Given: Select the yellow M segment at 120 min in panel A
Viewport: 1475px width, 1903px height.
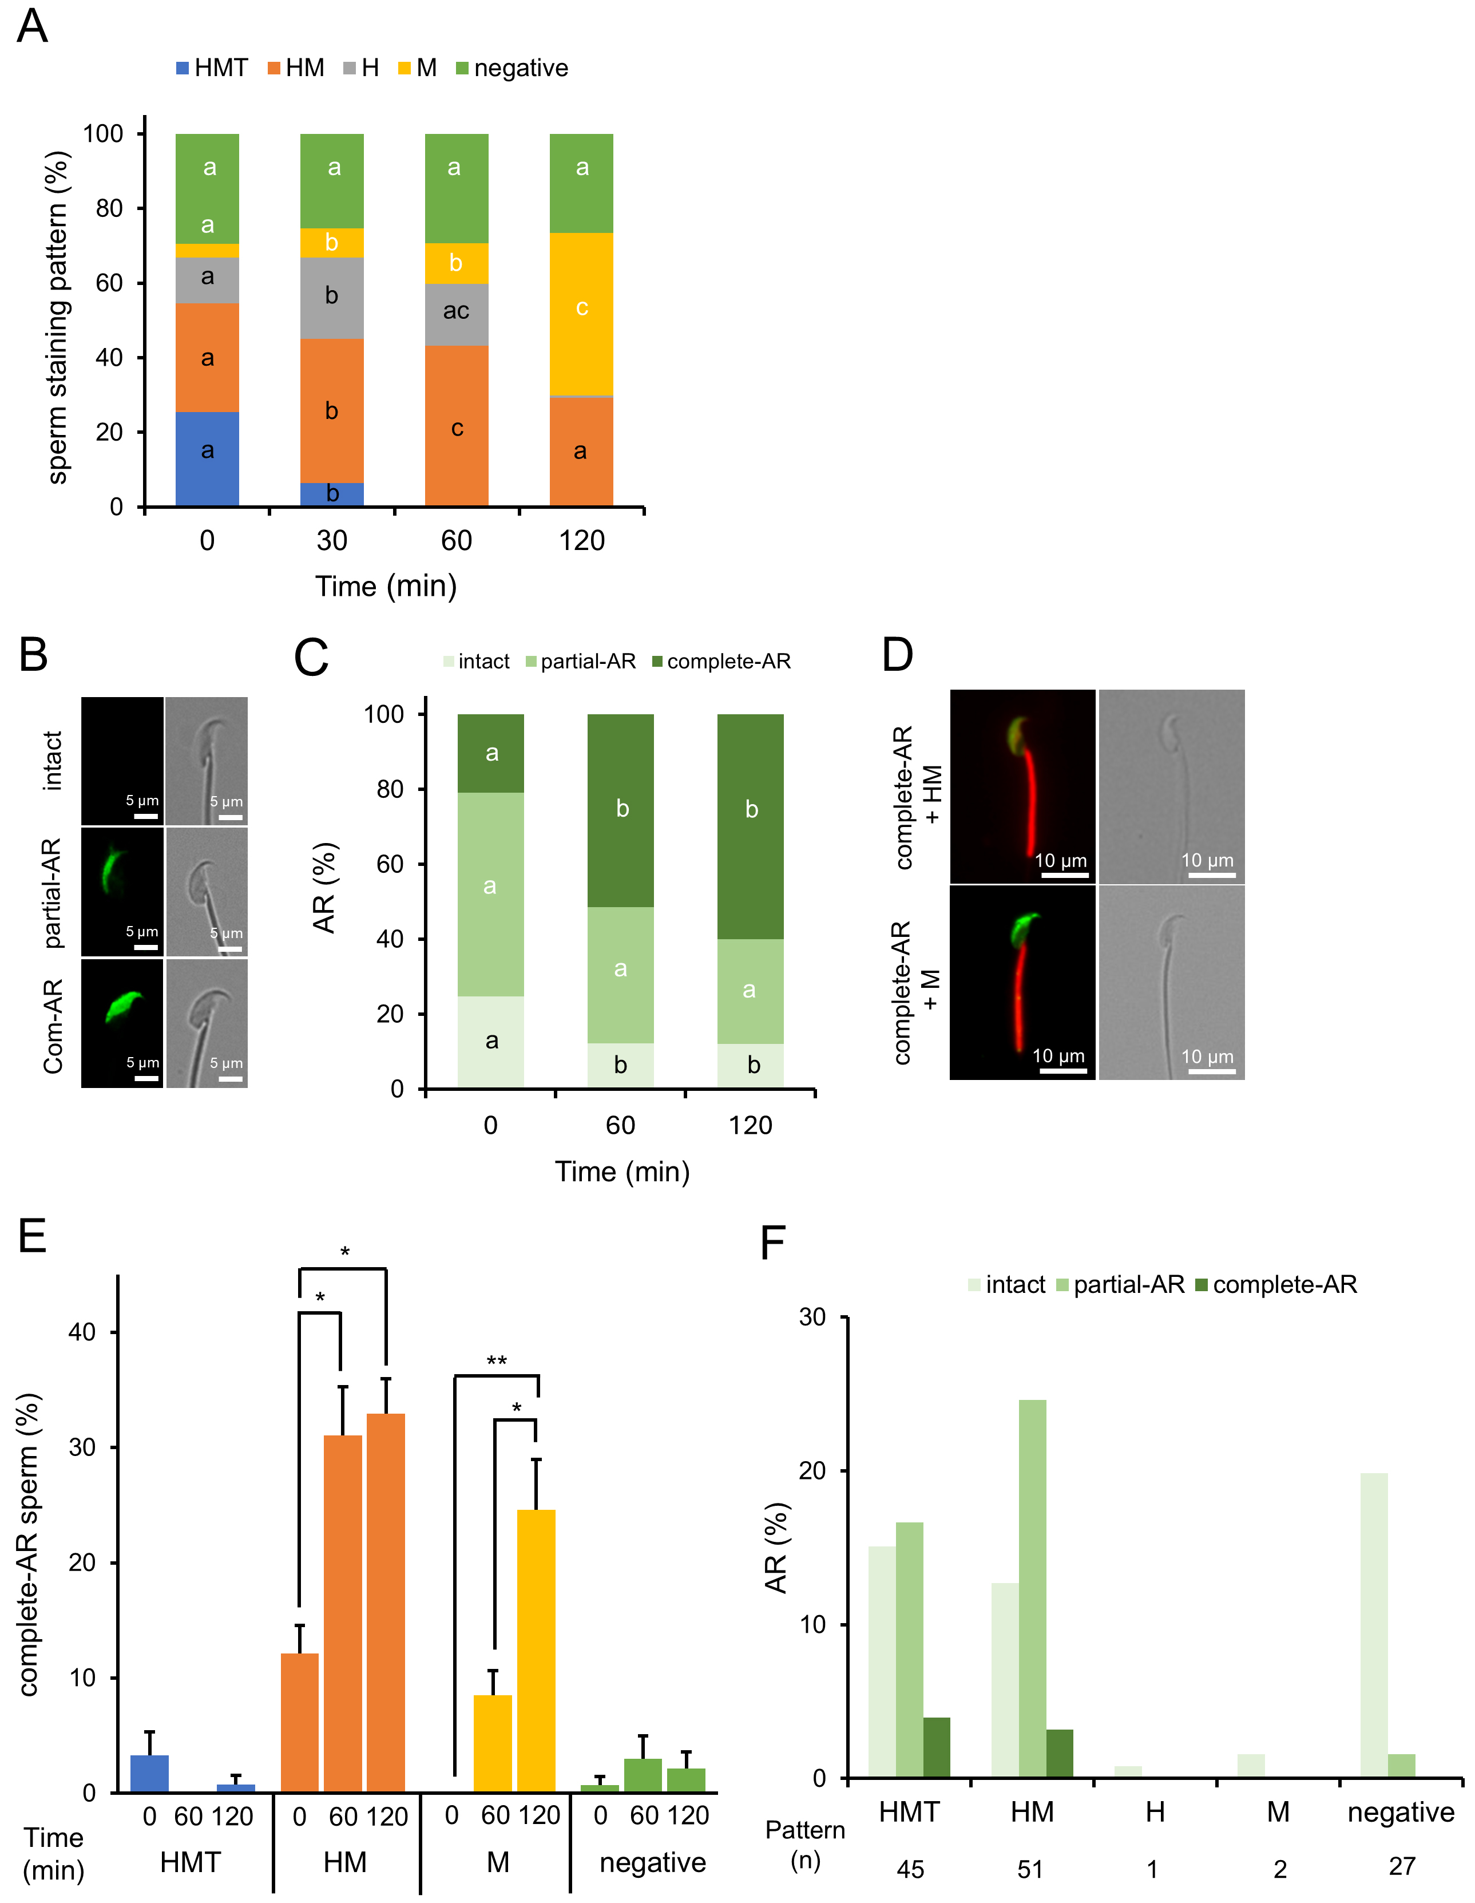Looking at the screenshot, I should [581, 314].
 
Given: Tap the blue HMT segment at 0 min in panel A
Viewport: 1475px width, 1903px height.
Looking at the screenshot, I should [207, 459].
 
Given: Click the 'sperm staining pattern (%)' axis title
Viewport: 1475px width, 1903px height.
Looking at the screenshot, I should [58, 318].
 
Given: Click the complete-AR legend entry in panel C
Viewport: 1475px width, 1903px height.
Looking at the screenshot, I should [721, 662].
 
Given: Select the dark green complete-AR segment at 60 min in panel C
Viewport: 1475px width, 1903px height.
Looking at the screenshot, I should [620, 810].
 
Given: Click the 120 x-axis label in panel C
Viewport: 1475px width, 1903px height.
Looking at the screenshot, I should [750, 1125].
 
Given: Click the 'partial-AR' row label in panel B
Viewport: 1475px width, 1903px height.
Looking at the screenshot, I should [52, 893].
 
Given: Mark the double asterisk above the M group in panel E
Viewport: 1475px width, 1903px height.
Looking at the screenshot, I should [497, 1361].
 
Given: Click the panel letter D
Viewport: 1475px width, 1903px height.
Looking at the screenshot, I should [897, 655].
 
